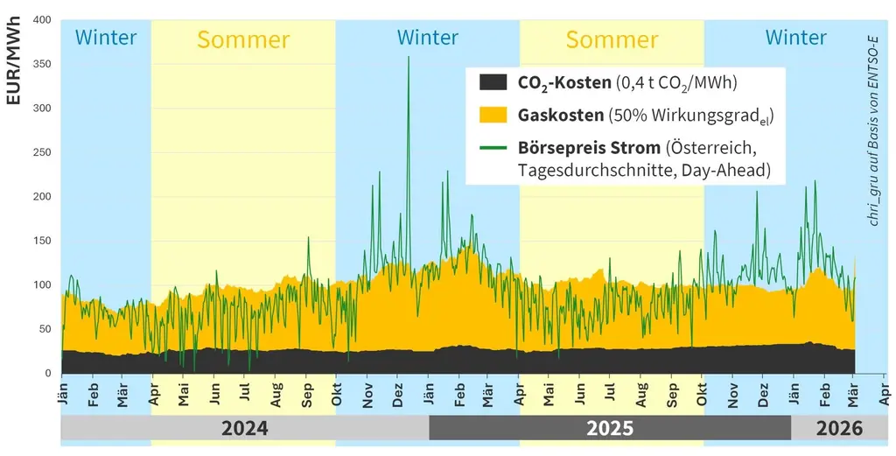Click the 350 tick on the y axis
click(x=41, y=64)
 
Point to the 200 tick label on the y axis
click(x=41, y=196)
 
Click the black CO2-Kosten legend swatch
click(x=493, y=82)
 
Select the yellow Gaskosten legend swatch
click(x=493, y=115)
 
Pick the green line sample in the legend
click(x=493, y=146)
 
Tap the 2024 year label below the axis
click(x=244, y=428)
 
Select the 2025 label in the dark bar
click(x=610, y=428)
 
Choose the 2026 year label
click(x=838, y=428)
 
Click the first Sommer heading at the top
click(x=242, y=39)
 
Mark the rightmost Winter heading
click(x=795, y=38)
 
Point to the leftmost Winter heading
click(x=106, y=38)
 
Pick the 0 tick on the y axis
click(x=47, y=374)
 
